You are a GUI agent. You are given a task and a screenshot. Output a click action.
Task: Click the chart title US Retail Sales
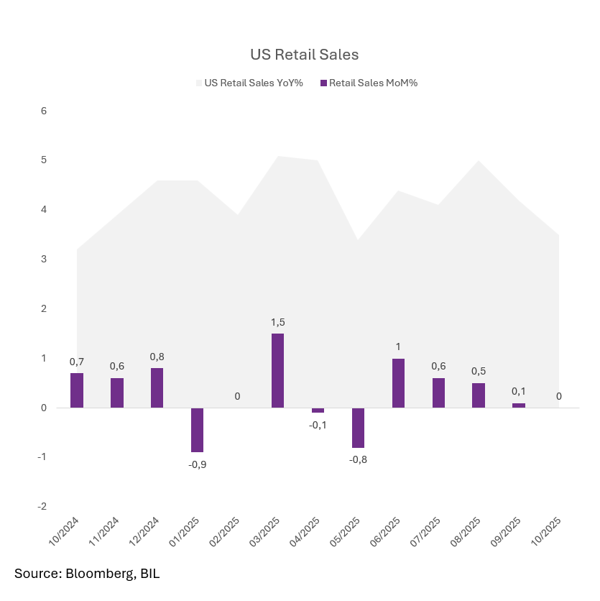tap(304, 55)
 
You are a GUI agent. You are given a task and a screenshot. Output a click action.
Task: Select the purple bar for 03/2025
tap(277, 370)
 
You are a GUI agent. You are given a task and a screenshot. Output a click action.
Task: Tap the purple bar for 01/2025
tap(197, 430)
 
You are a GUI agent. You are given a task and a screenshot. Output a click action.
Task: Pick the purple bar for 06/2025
tap(398, 383)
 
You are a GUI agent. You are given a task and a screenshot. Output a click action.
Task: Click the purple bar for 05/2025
tap(358, 428)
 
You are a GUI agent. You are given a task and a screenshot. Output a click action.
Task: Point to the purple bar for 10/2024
tap(76, 390)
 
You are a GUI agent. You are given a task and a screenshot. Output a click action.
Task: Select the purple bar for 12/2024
tap(157, 388)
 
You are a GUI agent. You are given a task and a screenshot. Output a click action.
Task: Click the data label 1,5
tap(277, 322)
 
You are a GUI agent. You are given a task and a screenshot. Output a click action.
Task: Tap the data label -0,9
tap(197, 464)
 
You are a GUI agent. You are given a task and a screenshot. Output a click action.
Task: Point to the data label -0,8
tap(358, 459)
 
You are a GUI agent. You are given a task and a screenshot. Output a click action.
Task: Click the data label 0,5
tap(479, 371)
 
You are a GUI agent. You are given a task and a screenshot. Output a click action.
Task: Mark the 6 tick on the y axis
tap(44, 111)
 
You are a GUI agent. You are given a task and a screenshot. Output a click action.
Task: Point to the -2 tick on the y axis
tap(42, 506)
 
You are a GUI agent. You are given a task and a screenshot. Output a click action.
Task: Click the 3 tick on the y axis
tap(44, 259)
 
